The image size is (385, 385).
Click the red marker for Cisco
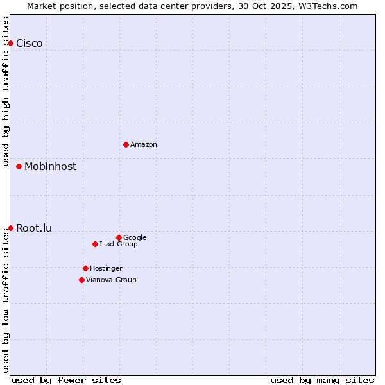pyautogui.click(x=10, y=43)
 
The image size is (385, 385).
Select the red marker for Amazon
pyautogui.click(x=126, y=144)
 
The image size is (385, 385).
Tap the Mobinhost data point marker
pyautogui.click(x=19, y=166)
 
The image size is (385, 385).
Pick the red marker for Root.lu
pyautogui.click(x=10, y=228)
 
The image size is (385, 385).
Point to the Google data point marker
pyautogui.click(x=119, y=237)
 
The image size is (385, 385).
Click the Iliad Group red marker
pyautogui.click(x=95, y=244)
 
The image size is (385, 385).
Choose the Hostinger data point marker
pyautogui.click(x=85, y=268)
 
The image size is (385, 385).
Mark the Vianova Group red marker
pyautogui.click(x=81, y=280)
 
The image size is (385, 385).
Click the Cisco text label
pyautogui.click(x=30, y=43)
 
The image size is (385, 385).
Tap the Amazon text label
pyautogui.click(x=144, y=144)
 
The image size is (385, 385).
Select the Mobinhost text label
pyautogui.click(x=50, y=166)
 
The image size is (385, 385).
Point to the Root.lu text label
pyautogui.click(x=34, y=228)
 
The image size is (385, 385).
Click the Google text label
pyautogui.click(x=135, y=237)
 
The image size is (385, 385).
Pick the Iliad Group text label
pyautogui.click(x=119, y=244)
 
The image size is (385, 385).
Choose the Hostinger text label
pyautogui.click(x=106, y=268)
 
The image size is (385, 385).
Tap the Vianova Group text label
pyautogui.click(x=111, y=280)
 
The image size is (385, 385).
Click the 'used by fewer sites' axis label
pyautogui.click(x=66, y=380)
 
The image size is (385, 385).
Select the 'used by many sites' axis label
pyautogui.click(x=322, y=380)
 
